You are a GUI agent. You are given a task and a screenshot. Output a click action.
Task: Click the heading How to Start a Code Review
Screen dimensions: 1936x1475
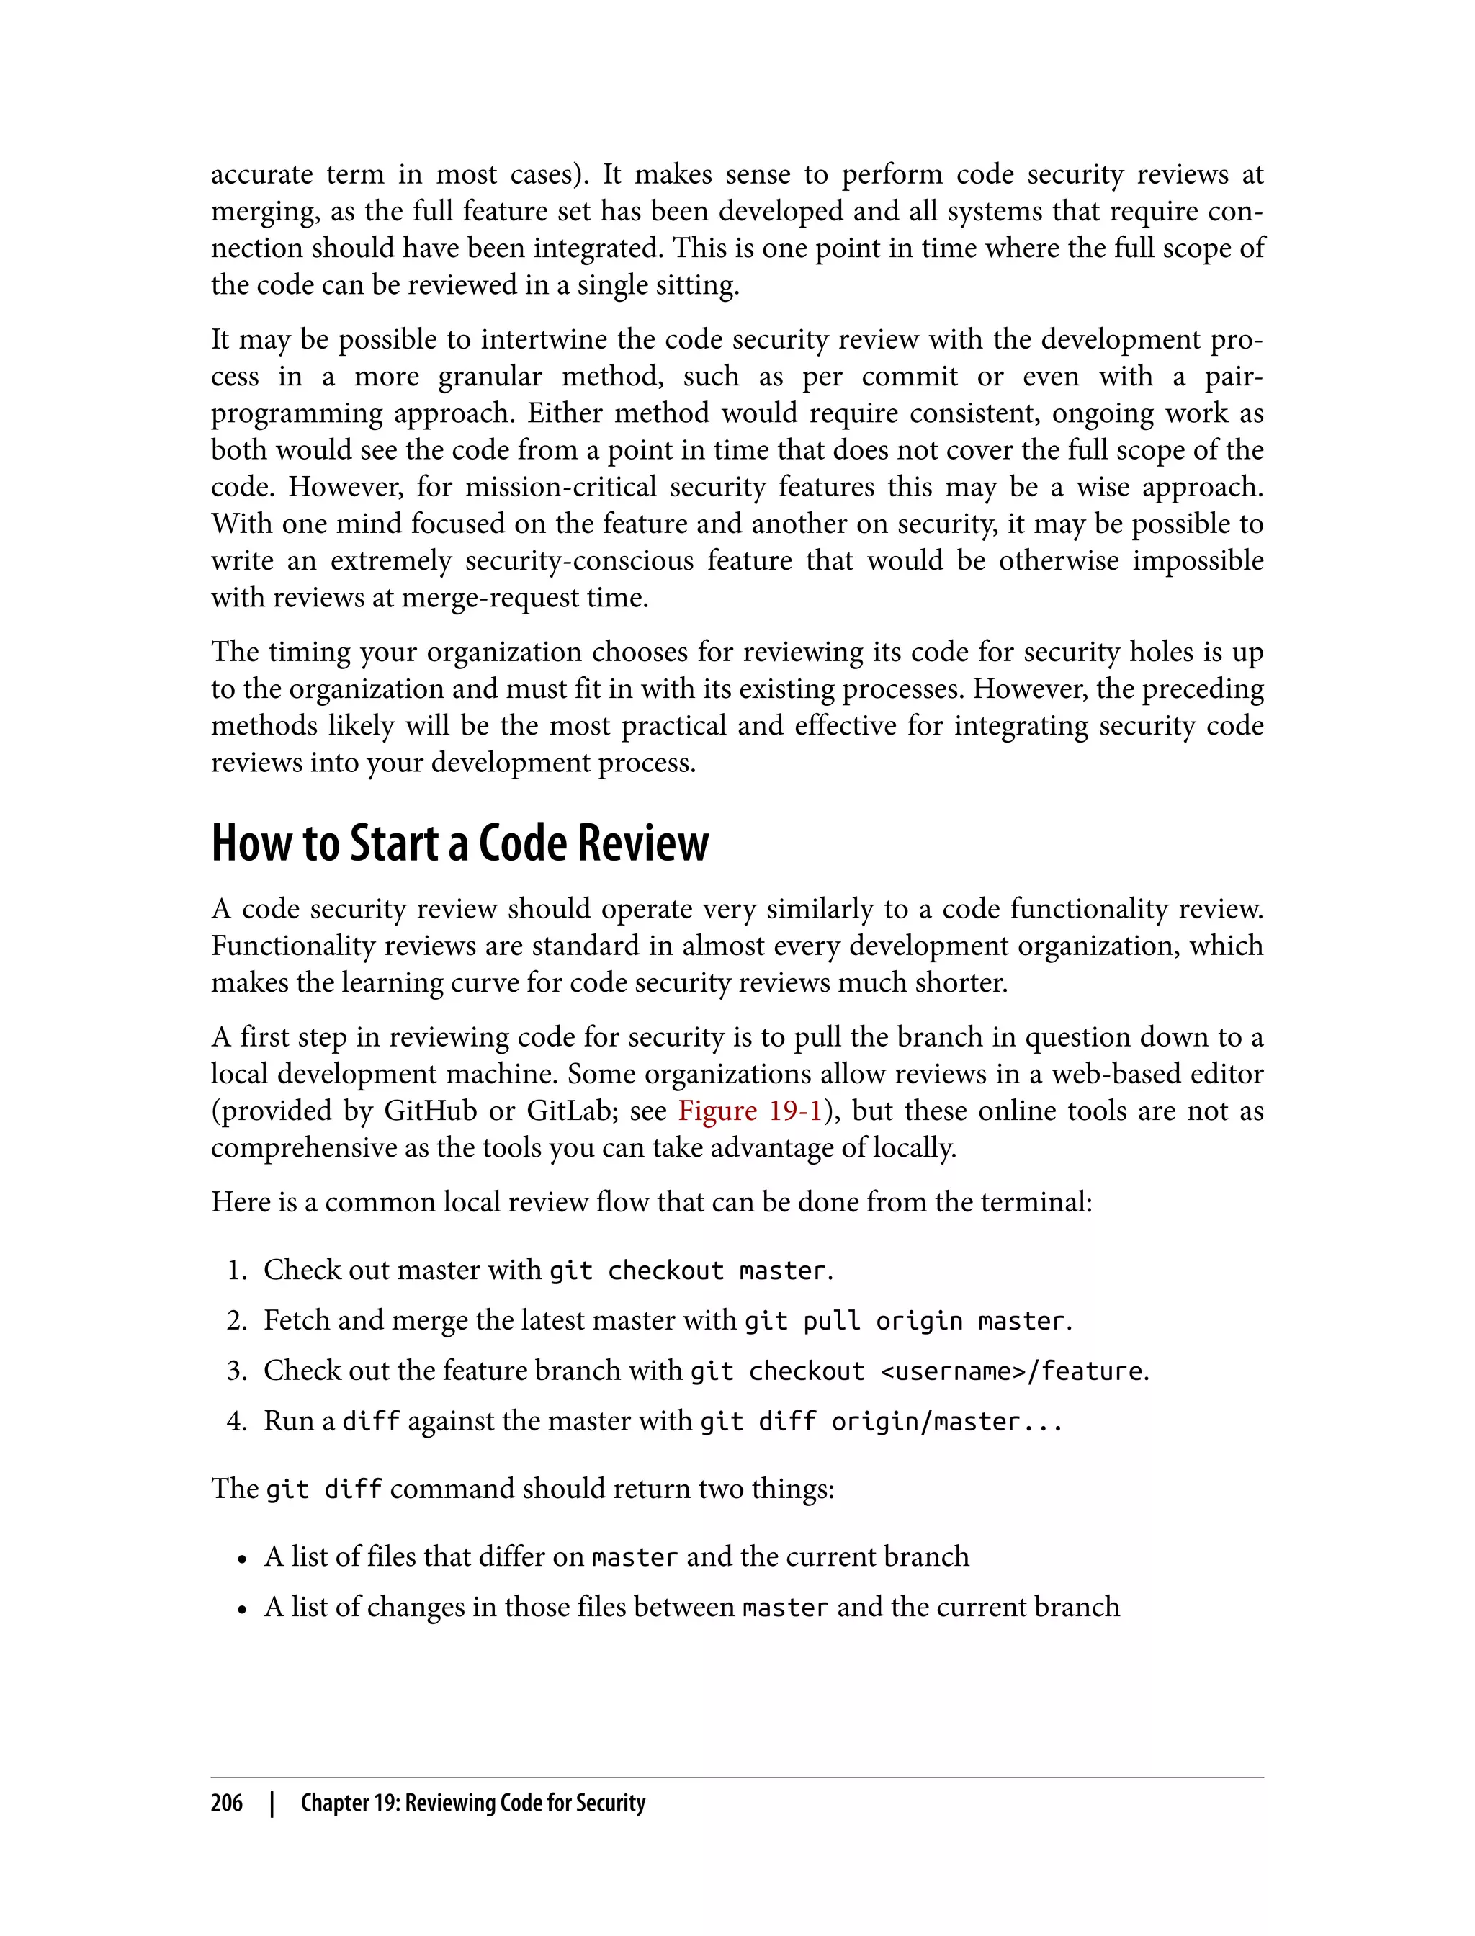[x=459, y=844]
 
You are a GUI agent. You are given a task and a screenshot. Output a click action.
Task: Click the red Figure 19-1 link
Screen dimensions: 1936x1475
[x=750, y=1111]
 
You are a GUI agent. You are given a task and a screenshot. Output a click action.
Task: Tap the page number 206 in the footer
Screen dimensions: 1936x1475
[x=227, y=1803]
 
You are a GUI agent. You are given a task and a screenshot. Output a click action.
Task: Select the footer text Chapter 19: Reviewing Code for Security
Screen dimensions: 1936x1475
[x=472, y=1803]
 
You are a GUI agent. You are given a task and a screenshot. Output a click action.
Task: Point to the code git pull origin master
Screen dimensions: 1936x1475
[x=905, y=1320]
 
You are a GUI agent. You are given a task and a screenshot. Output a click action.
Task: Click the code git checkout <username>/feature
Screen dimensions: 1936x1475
[x=918, y=1371]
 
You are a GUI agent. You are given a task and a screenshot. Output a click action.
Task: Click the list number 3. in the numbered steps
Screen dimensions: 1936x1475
[x=237, y=1371]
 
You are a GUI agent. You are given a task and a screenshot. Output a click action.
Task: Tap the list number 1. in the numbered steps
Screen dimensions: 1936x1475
[x=237, y=1270]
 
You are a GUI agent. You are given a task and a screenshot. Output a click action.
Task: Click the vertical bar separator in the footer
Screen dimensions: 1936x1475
[x=272, y=1803]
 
